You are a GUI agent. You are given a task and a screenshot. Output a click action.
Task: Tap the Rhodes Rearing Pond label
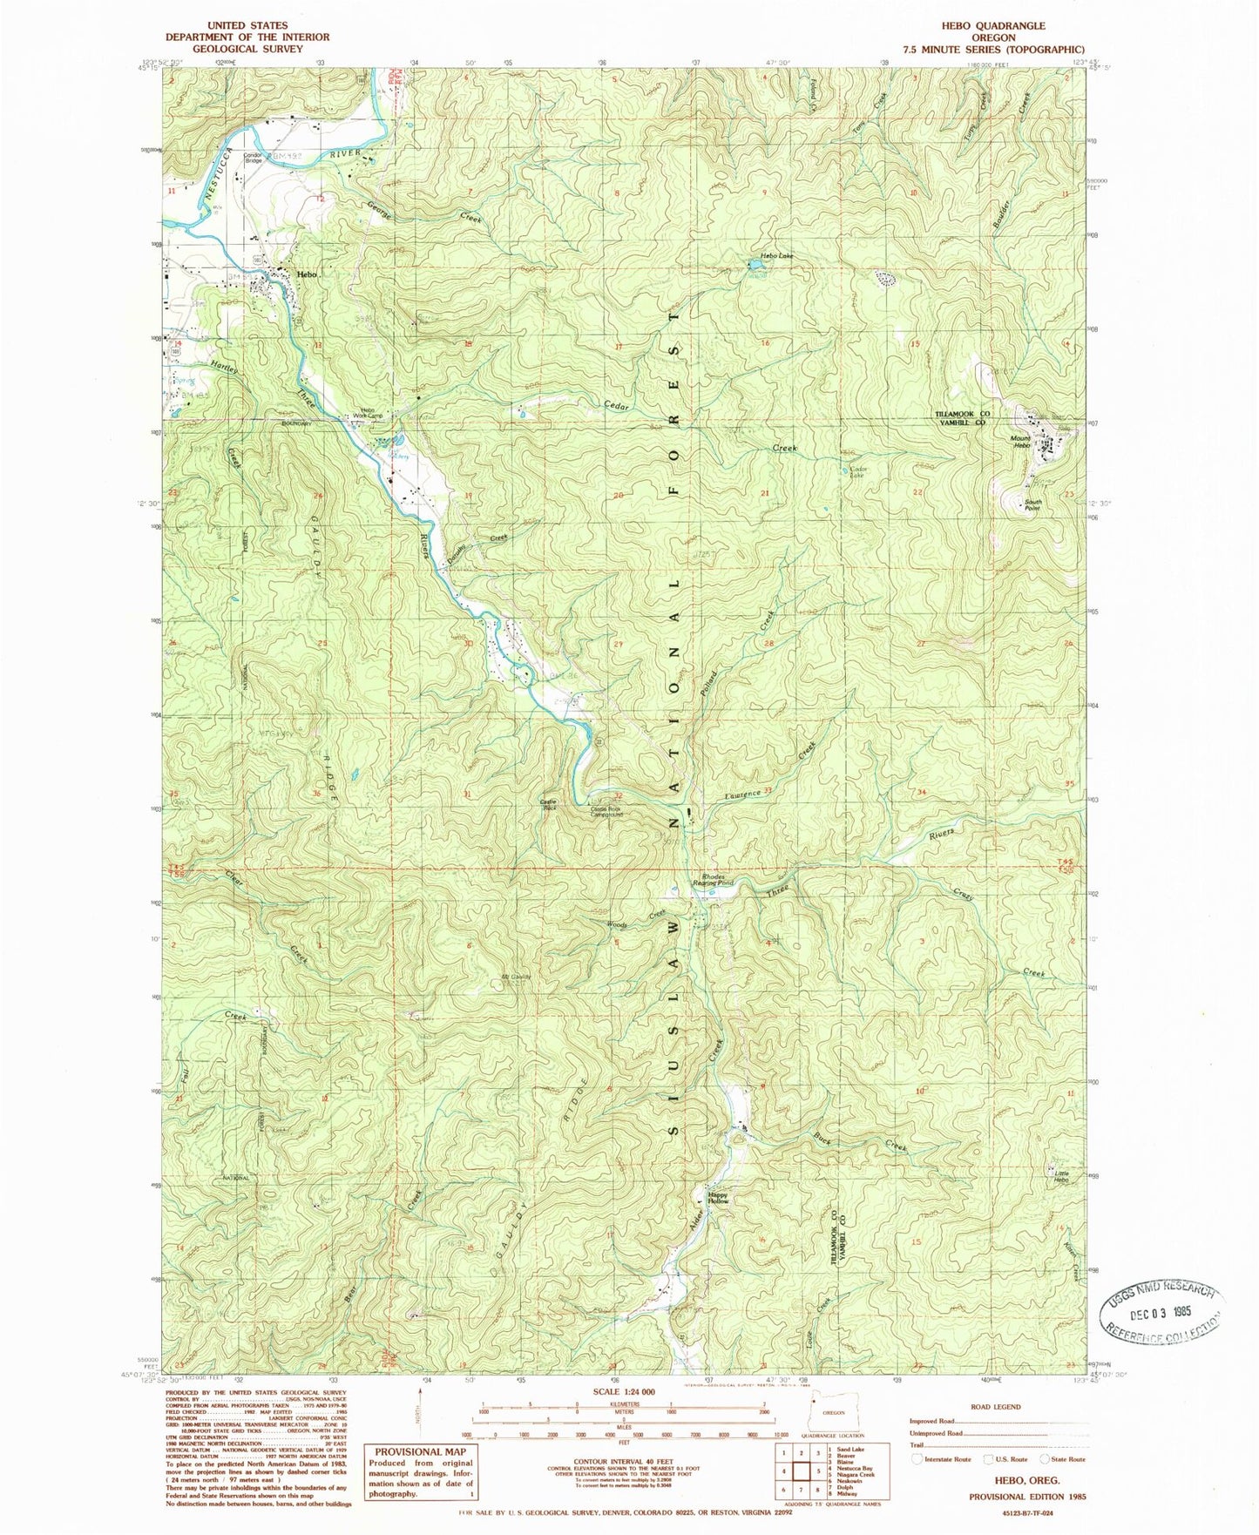click(713, 880)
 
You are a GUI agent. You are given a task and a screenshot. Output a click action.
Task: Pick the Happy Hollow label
click(717, 1198)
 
